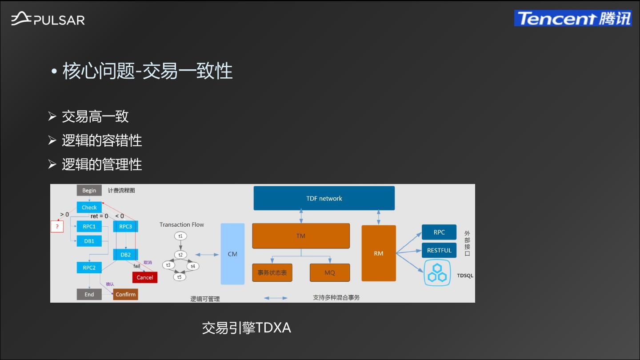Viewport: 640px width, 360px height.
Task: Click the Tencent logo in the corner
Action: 573,18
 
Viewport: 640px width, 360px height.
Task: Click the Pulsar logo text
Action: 59,20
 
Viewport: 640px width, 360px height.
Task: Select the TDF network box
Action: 324,198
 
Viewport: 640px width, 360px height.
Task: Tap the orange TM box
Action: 301,236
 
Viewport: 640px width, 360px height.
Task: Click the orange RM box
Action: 379,253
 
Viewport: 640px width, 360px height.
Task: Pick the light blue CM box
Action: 232,254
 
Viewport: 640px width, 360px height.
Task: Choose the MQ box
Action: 330,272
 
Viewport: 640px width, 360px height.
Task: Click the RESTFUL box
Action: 439,250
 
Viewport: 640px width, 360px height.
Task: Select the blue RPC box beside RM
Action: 439,232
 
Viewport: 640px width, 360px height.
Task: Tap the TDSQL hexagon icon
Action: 437,273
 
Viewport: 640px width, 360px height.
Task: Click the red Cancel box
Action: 145,277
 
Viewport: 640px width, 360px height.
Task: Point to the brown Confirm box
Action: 125,294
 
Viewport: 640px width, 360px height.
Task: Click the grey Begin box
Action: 89,190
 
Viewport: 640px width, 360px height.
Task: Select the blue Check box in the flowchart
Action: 89,207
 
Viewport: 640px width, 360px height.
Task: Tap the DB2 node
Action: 126,255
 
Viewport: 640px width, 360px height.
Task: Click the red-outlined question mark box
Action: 57,227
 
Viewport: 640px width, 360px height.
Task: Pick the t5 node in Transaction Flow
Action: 180,277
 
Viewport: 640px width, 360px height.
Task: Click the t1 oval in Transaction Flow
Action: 180,236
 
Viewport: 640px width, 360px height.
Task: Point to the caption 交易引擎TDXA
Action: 247,328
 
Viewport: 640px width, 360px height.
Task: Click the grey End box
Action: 89,294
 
